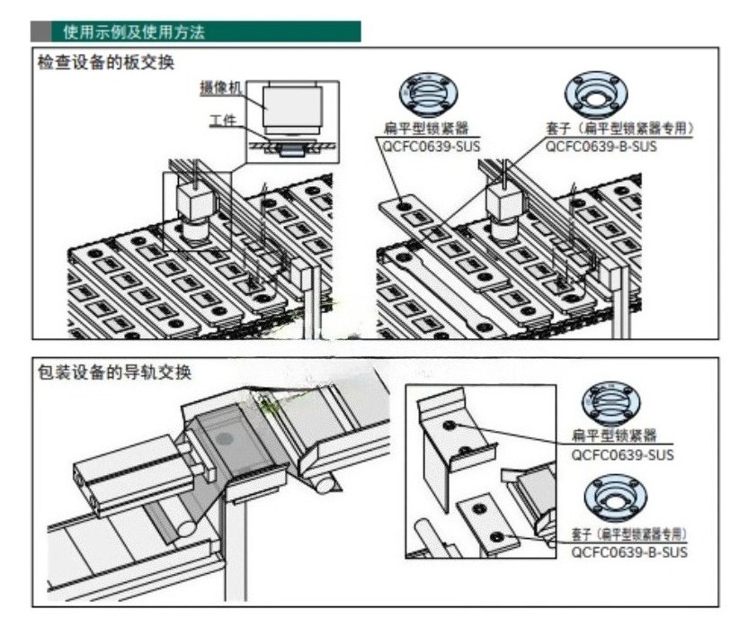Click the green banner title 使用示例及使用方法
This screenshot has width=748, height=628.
134,33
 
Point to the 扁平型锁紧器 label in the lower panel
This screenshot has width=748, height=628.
621,436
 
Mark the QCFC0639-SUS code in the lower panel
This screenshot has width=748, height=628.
622,454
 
